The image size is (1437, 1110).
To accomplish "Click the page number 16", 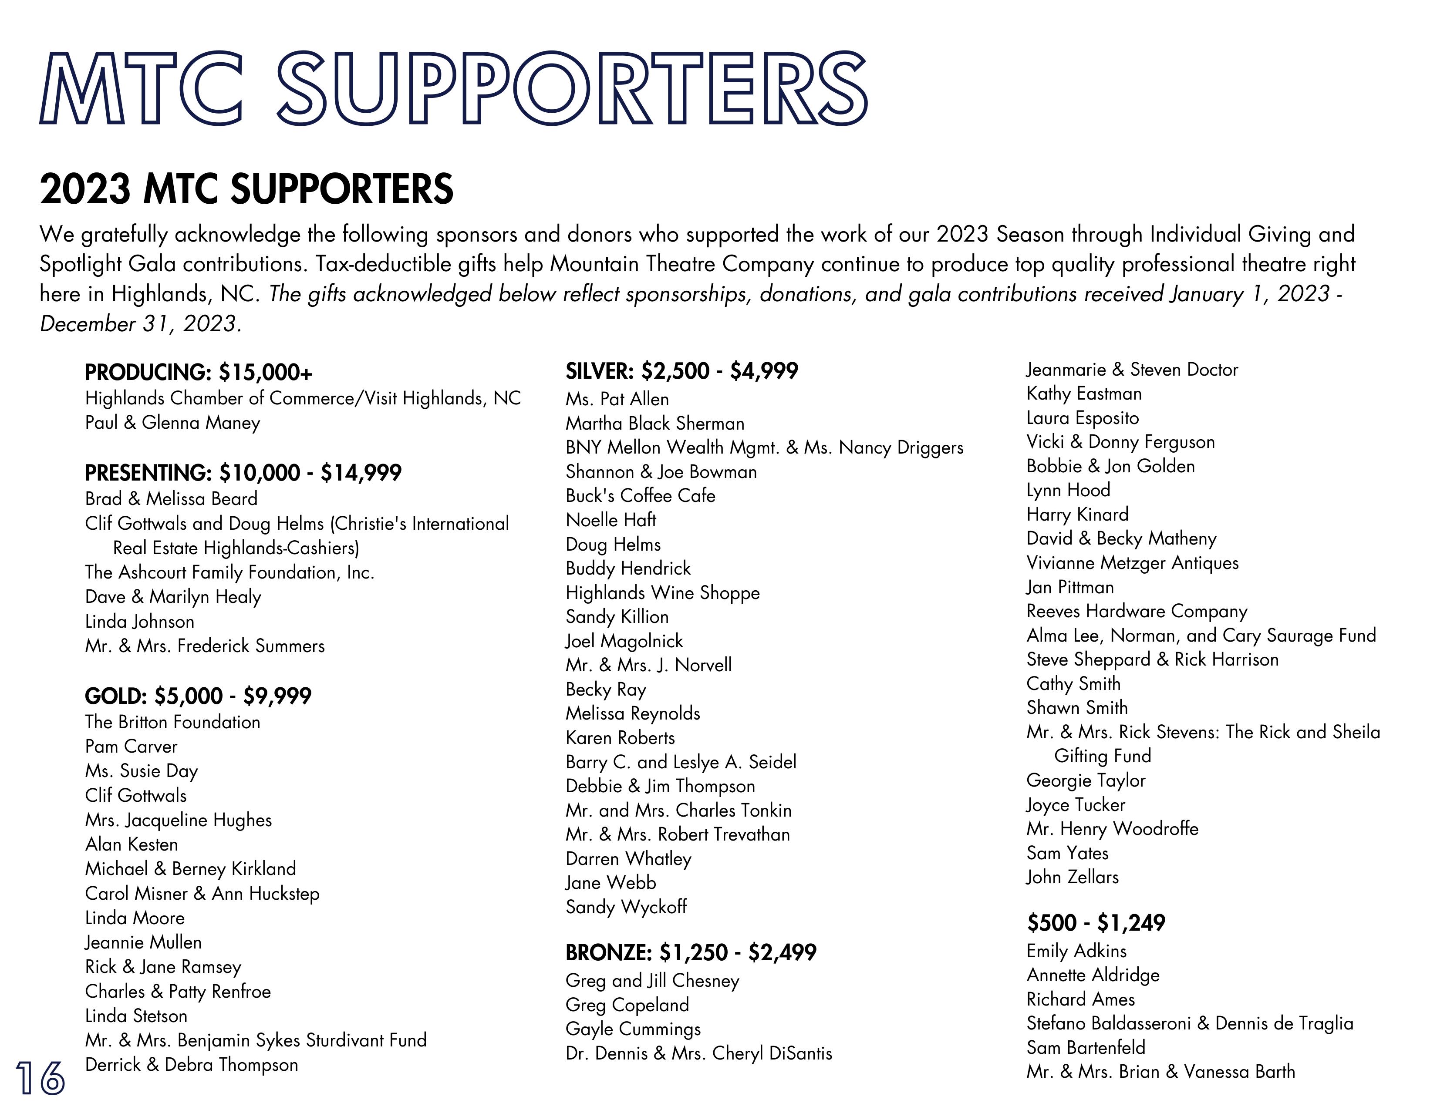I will click(x=41, y=1078).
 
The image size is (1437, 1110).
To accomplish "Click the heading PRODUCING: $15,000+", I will click(x=198, y=373).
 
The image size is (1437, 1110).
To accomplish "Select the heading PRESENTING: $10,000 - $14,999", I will click(x=243, y=473).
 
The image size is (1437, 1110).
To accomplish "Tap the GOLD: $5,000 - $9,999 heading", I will click(x=198, y=696).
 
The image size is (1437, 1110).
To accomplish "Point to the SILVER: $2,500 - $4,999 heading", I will click(x=681, y=371).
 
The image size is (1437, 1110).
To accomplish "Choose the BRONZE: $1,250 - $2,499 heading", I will click(x=691, y=952).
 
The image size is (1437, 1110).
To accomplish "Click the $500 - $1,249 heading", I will click(x=1096, y=922).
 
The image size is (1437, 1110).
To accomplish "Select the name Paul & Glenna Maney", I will click(x=172, y=423).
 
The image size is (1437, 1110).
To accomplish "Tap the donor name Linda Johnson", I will click(x=139, y=622).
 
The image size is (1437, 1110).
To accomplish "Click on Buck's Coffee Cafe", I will click(x=640, y=496).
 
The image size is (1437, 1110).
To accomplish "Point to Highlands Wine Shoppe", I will click(x=663, y=592).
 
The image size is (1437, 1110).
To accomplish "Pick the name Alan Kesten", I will click(x=132, y=844).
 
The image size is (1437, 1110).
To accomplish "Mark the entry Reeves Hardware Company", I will click(x=1136, y=612).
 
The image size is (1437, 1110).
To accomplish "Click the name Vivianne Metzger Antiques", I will click(x=1132, y=563).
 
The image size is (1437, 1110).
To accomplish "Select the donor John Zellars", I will click(x=1073, y=877).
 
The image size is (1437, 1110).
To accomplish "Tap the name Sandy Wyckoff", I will click(x=626, y=907).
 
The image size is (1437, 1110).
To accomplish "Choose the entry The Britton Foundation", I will click(x=172, y=722).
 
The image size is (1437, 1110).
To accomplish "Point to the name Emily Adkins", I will click(x=1076, y=951).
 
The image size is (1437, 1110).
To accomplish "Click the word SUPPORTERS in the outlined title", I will click(x=571, y=89).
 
